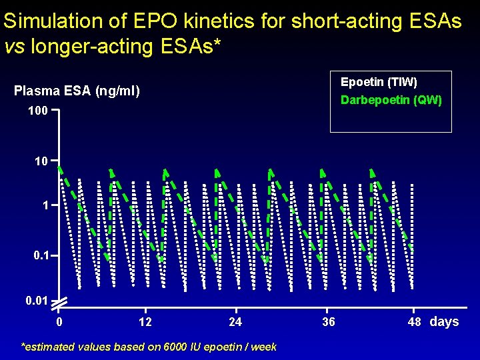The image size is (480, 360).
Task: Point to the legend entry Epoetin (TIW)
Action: pos(379,82)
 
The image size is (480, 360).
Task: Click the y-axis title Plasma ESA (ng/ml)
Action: pos(77,91)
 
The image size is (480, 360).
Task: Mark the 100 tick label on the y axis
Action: pos(38,111)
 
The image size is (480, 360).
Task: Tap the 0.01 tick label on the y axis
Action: pos(36,301)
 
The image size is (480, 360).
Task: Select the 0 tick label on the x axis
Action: pos(59,323)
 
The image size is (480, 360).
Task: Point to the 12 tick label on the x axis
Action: pos(145,323)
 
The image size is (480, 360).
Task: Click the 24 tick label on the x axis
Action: pos(235,323)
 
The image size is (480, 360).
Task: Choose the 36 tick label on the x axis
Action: pos(328,323)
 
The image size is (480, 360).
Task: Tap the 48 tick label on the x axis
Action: pos(415,323)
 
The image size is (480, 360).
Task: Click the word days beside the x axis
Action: pos(445,322)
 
